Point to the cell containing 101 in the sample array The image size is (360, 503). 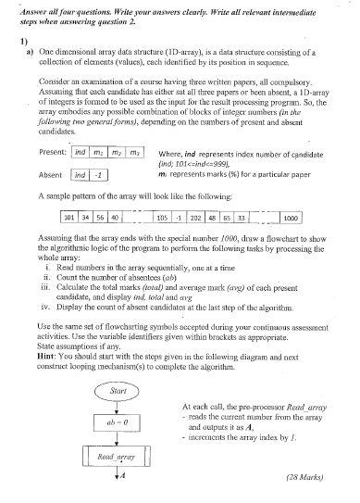pos(68,218)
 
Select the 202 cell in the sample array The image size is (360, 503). pos(196,218)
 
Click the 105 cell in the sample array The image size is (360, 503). pos(162,218)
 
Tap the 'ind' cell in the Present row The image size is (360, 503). pos(81,151)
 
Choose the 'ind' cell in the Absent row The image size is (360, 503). pos(81,174)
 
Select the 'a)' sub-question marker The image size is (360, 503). pos(31,57)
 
